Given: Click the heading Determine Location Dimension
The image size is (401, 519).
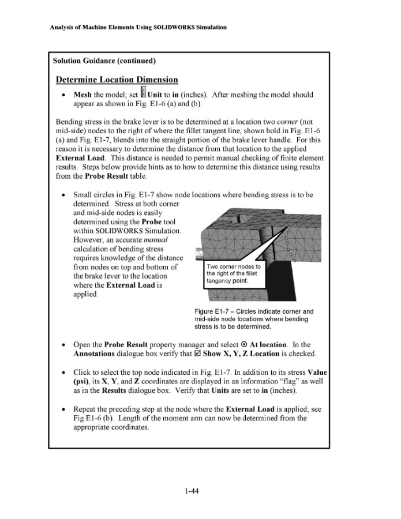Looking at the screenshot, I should point(117,80).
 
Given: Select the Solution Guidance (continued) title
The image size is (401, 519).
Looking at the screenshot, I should point(104,61).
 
